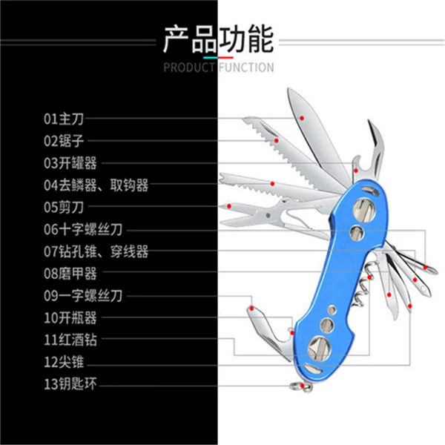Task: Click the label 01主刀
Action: point(64,119)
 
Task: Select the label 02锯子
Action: point(64,141)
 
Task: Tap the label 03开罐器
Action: point(70,163)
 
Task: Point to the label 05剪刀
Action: point(64,207)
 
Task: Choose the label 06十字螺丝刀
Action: point(83,229)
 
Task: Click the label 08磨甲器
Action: point(70,273)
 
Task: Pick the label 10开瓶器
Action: point(70,317)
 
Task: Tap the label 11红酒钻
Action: point(70,340)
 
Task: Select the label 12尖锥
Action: point(64,362)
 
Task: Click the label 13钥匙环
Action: point(70,383)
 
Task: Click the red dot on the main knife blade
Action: point(302,118)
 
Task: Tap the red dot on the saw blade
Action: point(277,140)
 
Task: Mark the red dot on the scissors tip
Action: point(229,206)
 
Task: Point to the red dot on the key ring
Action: point(303,386)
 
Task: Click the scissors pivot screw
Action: point(268,215)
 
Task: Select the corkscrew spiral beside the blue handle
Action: point(362,286)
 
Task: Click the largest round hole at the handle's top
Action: point(364,210)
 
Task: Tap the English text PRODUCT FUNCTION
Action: point(219,67)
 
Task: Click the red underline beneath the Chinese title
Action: point(225,58)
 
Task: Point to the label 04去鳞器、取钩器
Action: point(96,185)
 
